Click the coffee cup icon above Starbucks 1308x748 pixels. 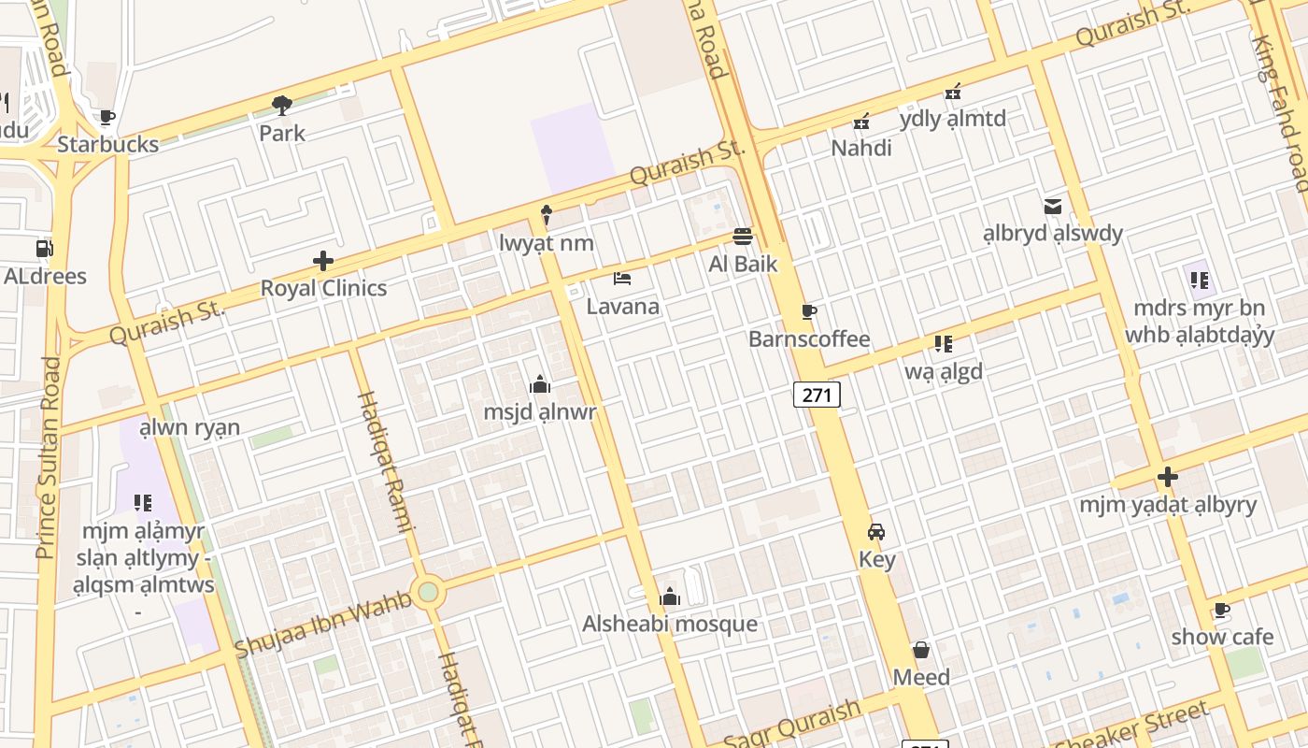pyautogui.click(x=107, y=118)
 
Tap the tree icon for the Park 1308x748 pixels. pyautogui.click(x=281, y=105)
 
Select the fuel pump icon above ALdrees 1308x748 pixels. pyautogui.click(x=44, y=249)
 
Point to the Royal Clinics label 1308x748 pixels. pyautogui.click(x=323, y=288)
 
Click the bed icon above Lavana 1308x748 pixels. pyautogui.click(x=622, y=279)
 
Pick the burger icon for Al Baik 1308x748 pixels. pyautogui.click(x=743, y=236)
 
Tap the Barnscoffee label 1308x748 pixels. pyautogui.click(x=809, y=339)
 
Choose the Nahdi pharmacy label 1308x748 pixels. pyautogui.click(x=861, y=148)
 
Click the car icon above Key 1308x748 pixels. pyautogui.click(x=876, y=532)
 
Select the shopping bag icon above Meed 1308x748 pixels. pyautogui.click(x=921, y=650)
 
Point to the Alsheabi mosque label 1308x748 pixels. pyautogui.click(x=670, y=624)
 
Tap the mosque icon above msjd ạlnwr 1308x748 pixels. pyautogui.click(x=540, y=384)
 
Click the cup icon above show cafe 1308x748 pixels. pyautogui.click(x=1222, y=611)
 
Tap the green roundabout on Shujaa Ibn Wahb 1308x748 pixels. pyautogui.click(x=428, y=592)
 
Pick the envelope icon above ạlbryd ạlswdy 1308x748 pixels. pyautogui.click(x=1053, y=207)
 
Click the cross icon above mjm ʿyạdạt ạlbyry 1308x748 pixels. pyautogui.click(x=1167, y=478)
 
